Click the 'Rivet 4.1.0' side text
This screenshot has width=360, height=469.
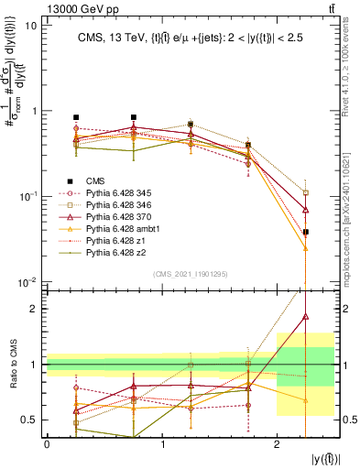tap(351, 64)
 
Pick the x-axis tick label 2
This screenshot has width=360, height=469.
tap(277, 443)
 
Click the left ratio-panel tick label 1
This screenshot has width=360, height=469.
tap(36, 365)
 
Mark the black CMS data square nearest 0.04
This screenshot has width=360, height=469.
tap(306, 233)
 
